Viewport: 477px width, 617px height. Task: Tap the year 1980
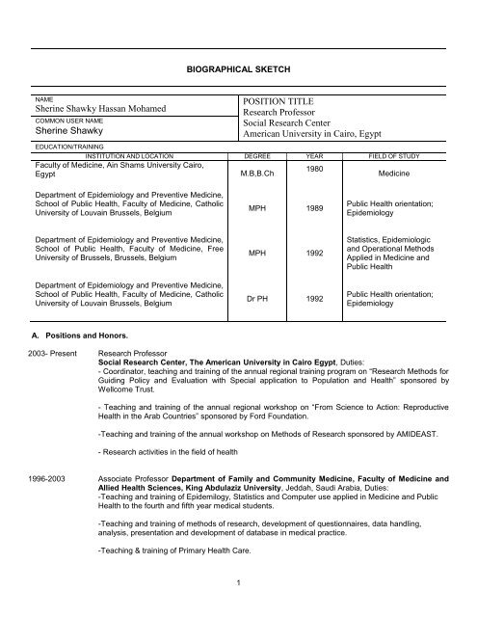314,168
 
